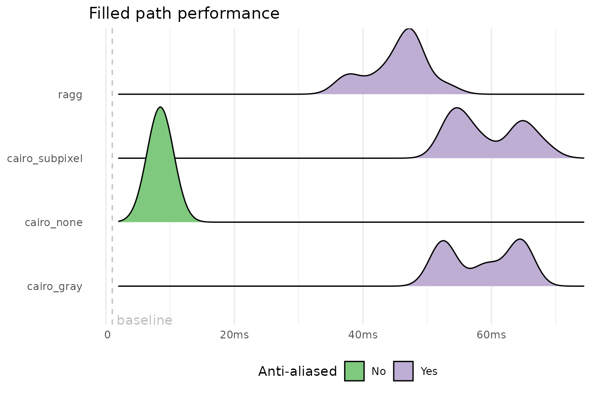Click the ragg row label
pos(70,95)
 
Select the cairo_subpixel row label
pos(45,159)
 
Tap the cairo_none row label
pos(53,223)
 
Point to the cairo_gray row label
pos(54,287)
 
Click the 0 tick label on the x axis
pos(107,335)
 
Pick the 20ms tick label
pos(234,335)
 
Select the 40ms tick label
pos(363,335)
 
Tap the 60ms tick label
pos(491,335)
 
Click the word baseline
pos(144,321)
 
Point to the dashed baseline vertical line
pos(112,183)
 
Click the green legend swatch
pos(354,371)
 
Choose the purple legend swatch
pos(403,371)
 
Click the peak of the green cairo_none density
pos(160,109)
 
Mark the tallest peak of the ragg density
pos(409,31)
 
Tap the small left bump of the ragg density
pos(350,76)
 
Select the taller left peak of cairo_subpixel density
pos(456,110)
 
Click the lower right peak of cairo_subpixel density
pos(523,123)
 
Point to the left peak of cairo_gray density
pos(443,242)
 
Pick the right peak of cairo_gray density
pos(520,241)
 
